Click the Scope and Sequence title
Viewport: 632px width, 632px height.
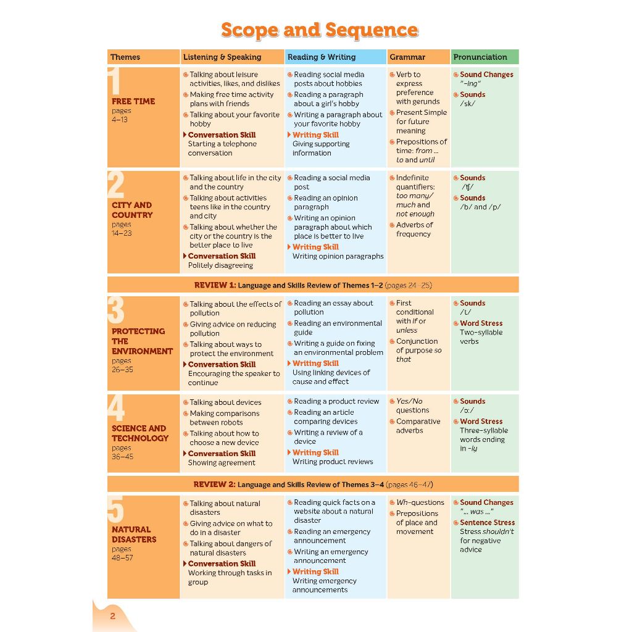(320, 30)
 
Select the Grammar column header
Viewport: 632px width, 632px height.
(407, 57)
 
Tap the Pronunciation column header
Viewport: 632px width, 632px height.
(480, 57)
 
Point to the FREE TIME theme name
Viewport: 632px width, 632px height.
(133, 101)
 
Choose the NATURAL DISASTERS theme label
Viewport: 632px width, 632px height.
(134, 534)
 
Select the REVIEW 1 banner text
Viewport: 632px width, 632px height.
(313, 285)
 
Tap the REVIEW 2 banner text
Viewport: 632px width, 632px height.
(313, 484)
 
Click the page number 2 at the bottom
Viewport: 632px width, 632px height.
(113, 616)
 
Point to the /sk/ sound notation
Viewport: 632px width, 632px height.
(468, 104)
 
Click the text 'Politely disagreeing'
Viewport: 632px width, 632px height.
(220, 265)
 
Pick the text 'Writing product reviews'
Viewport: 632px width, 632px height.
(333, 462)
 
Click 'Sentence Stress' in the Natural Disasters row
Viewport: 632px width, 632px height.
(488, 522)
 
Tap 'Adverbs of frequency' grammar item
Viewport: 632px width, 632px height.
(414, 230)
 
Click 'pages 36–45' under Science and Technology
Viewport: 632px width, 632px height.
(122, 452)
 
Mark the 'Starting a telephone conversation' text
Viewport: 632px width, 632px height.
(222, 148)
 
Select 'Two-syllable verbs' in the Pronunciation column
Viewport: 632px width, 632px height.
(481, 337)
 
